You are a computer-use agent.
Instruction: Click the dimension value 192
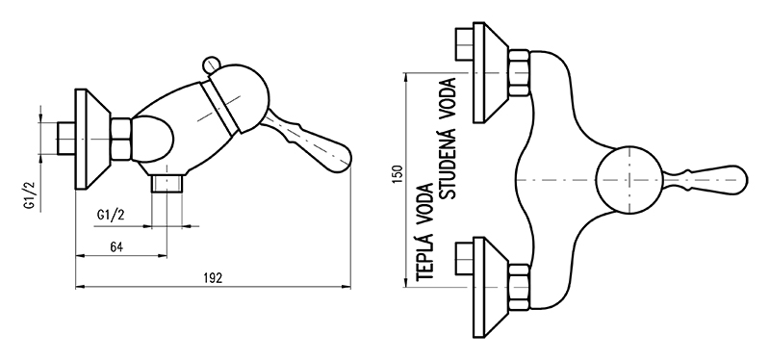point(213,278)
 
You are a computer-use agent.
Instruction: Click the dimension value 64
point(116,247)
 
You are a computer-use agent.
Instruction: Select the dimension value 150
point(398,174)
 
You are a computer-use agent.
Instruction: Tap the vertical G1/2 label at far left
point(31,194)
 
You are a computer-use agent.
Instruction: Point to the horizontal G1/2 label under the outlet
point(111,215)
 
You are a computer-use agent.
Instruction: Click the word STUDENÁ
point(448,161)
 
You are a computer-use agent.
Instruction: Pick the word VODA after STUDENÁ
point(449,97)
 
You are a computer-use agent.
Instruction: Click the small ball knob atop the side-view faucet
point(211,65)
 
